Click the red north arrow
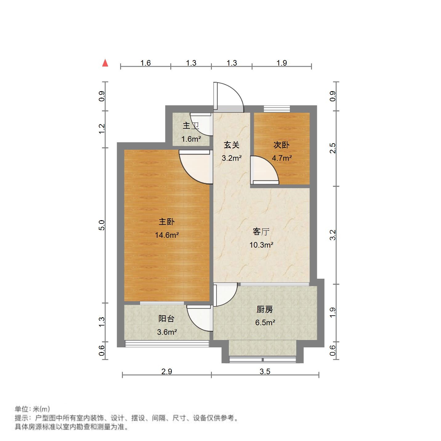point(105,63)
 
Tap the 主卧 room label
point(167,222)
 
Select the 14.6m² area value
point(167,235)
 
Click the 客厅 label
point(261,232)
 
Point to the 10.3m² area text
point(261,245)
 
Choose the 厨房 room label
point(265,310)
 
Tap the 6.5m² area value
point(265,323)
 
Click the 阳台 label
point(167,319)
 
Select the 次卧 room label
point(281,145)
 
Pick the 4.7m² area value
point(281,158)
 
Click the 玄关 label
point(232,145)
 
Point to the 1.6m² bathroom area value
point(191,139)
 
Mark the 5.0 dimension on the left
point(102,225)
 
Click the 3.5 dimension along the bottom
point(265,371)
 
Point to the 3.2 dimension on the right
point(332,235)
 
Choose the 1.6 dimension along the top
point(146,63)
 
